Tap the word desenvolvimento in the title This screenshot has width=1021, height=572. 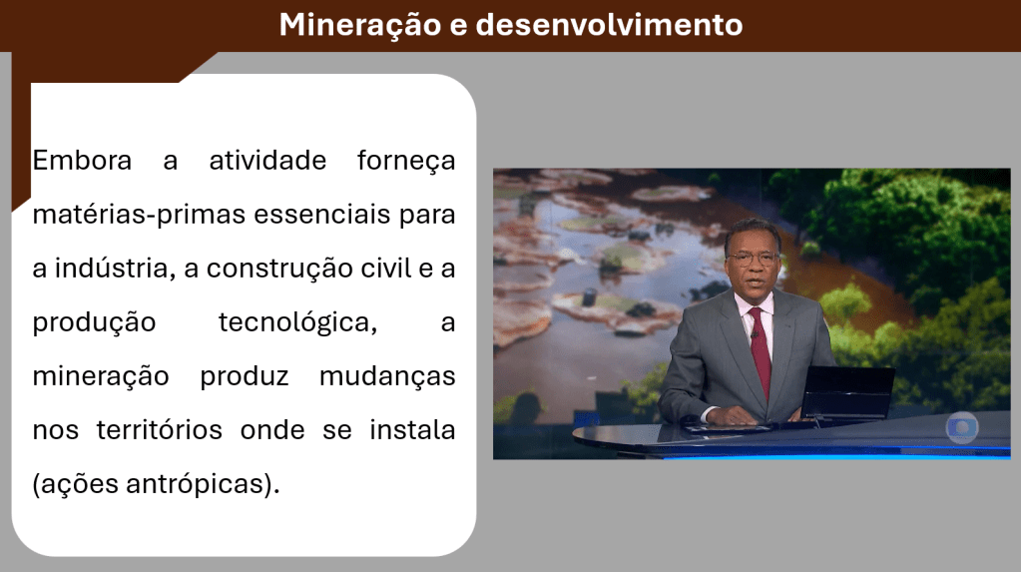[610, 25]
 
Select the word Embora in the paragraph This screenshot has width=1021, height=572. [82, 161]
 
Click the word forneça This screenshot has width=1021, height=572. [406, 162]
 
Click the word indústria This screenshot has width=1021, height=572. [115, 269]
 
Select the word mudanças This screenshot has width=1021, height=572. [387, 377]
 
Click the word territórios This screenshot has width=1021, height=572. [160, 430]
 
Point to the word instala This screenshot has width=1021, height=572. [412, 430]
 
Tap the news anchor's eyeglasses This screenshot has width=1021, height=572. [753, 258]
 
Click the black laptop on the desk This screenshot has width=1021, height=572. [847, 394]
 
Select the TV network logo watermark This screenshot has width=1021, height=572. [962, 428]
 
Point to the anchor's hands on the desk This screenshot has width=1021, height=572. [740, 414]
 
